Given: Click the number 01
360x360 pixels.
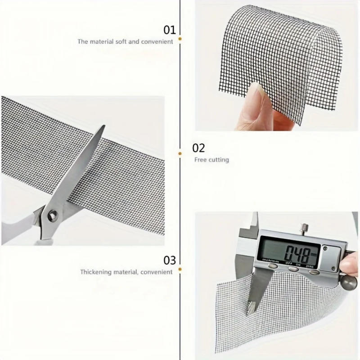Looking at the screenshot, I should pos(169,31).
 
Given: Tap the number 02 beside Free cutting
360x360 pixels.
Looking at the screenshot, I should pos(198,148).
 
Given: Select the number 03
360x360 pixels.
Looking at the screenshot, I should pos(170,260).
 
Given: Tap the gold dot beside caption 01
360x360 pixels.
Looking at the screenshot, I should pos(180,39).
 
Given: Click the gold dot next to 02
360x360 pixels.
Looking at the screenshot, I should pos(180,153).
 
